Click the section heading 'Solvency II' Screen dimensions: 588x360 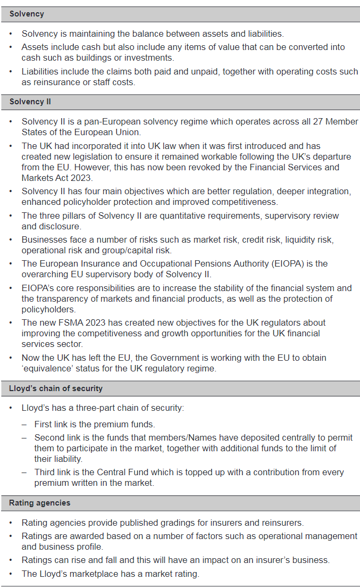30,101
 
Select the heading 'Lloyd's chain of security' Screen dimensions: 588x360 56,388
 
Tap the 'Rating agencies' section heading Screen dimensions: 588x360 40,502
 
